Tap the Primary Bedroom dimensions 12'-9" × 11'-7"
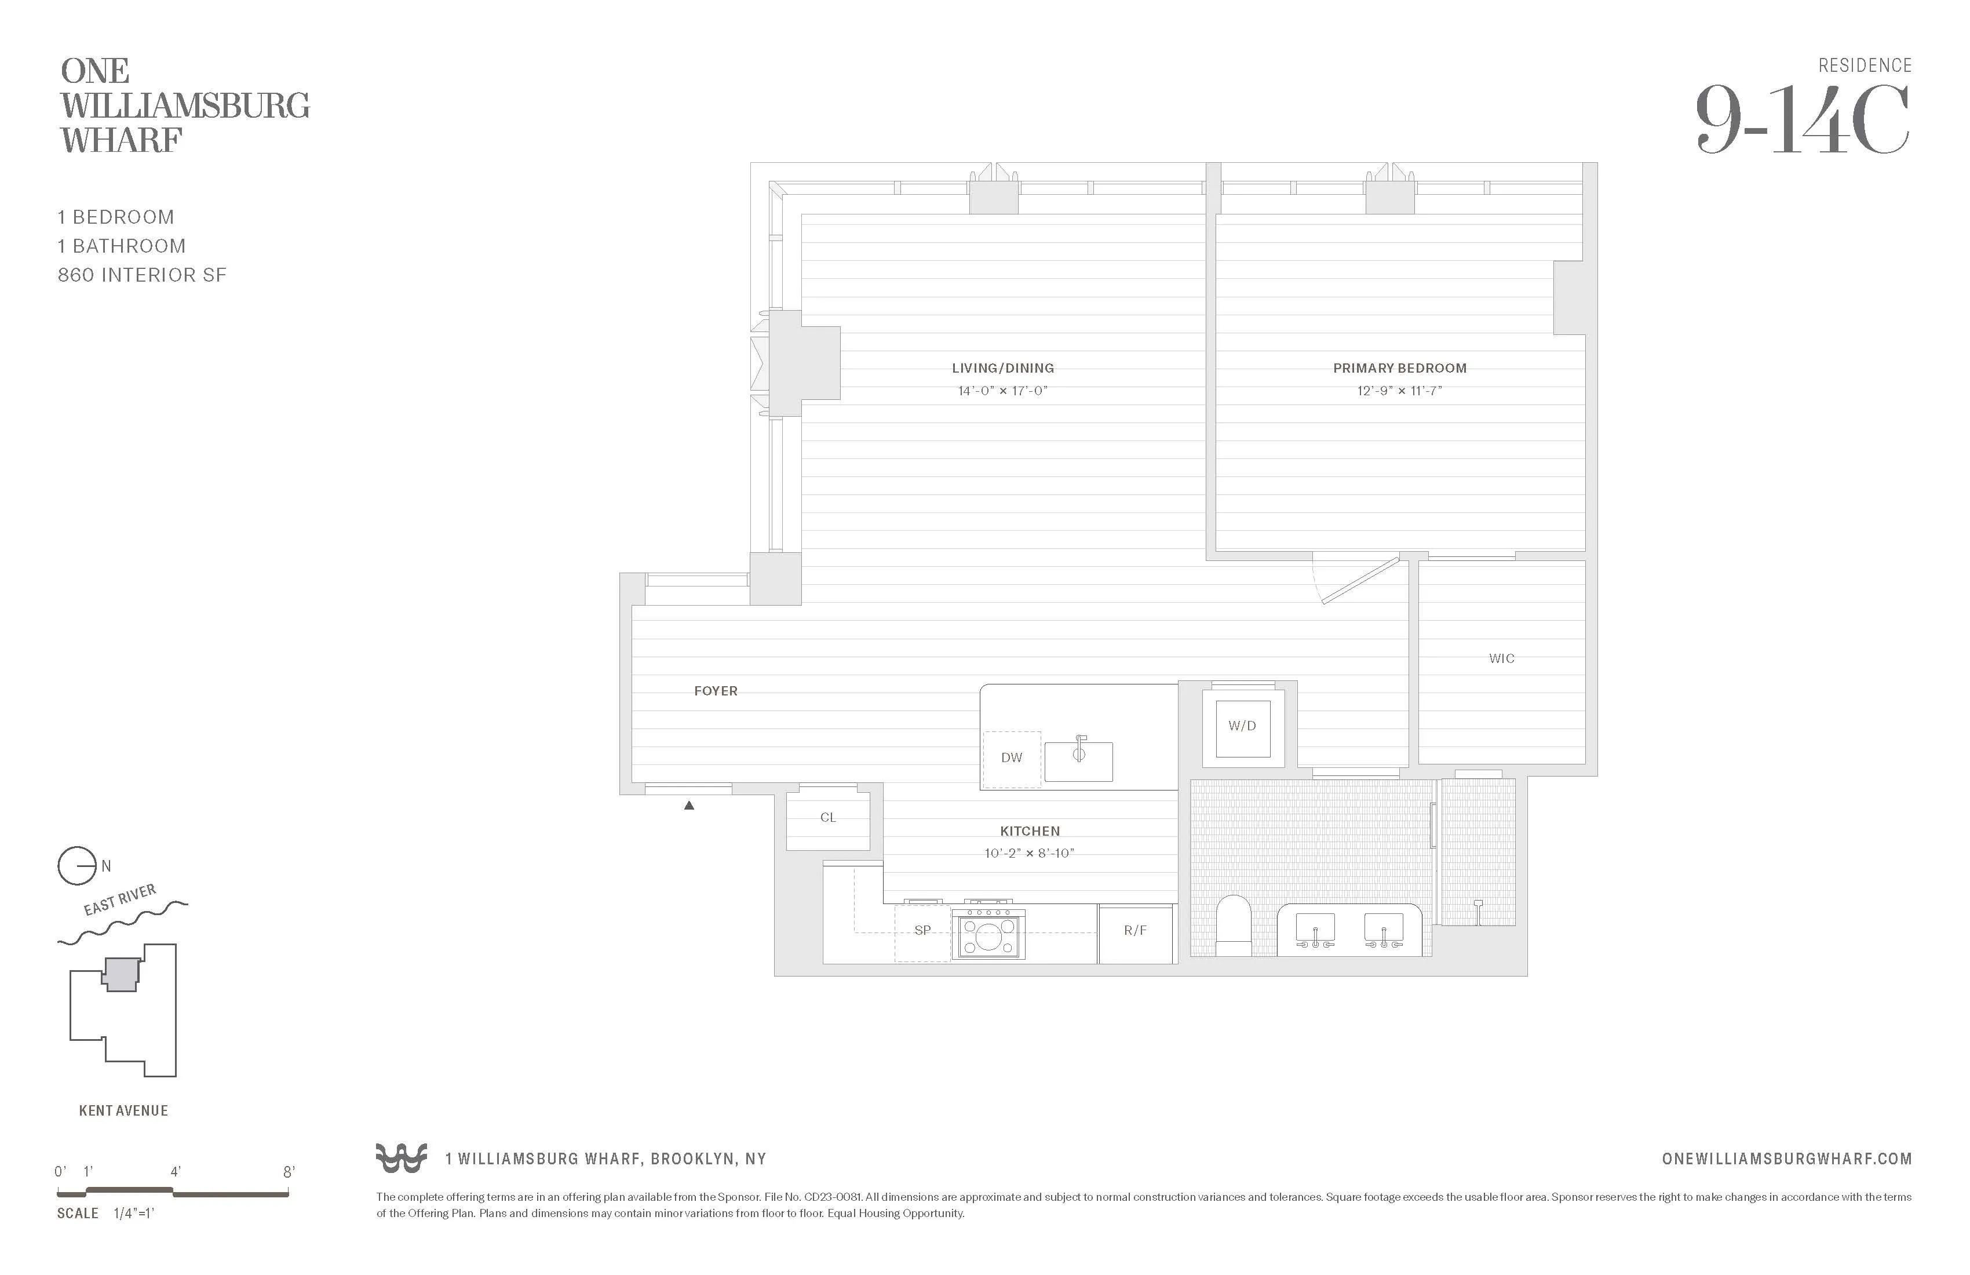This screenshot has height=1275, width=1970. [1399, 391]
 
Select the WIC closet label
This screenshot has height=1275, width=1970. [1501, 659]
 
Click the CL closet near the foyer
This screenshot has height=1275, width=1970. [828, 818]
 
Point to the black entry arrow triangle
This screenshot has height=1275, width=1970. [689, 806]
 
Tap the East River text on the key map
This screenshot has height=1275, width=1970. [120, 900]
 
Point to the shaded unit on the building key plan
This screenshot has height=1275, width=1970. [122, 974]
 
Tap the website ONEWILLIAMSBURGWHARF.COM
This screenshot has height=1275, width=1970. [1786, 1159]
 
